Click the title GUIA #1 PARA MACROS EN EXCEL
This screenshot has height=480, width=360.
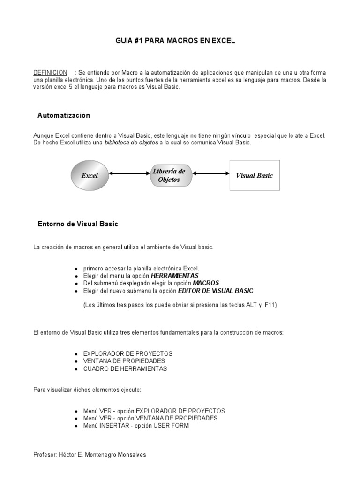[175, 41]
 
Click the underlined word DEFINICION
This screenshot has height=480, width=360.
[50, 73]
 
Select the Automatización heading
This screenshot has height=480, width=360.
[64, 115]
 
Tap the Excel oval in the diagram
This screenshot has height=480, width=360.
[90, 176]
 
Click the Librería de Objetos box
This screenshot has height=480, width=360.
[169, 175]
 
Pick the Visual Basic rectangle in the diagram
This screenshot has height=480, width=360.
[254, 175]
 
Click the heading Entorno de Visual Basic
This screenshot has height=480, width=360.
[78, 224]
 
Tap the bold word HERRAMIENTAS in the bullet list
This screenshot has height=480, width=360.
[175, 276]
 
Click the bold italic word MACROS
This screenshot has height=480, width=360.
[206, 283]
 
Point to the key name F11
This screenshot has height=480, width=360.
[270, 305]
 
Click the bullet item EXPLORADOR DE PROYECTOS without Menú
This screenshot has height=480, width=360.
[127, 353]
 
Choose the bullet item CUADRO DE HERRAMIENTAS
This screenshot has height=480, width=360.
[125, 368]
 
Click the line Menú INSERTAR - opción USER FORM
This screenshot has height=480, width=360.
[136, 426]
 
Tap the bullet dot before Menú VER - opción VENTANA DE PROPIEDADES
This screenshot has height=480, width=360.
[76, 419]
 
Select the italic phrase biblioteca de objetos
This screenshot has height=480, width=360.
[131, 142]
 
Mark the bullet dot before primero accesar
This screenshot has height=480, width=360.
[76, 269]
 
